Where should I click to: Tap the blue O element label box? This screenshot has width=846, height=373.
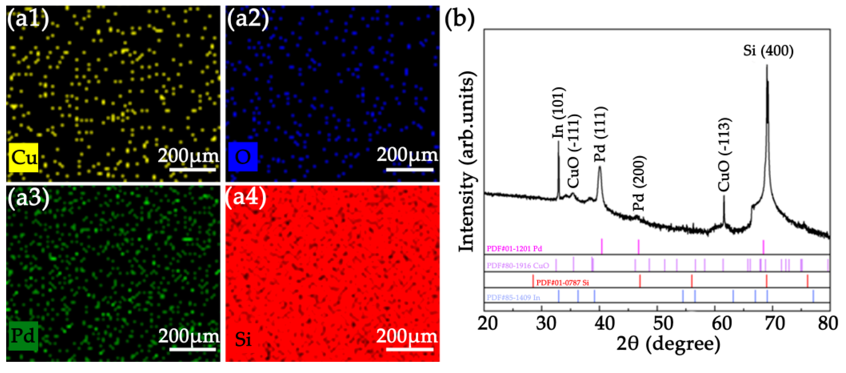click(x=243, y=157)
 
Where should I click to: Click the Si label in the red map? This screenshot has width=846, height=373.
click(x=243, y=339)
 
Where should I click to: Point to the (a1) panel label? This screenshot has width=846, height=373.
click(x=28, y=19)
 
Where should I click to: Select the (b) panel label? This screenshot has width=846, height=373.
click(x=460, y=19)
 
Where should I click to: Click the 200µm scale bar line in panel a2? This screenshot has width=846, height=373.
click(x=410, y=169)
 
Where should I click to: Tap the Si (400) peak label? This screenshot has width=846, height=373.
click(x=768, y=51)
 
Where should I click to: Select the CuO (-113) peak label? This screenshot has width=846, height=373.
click(x=725, y=154)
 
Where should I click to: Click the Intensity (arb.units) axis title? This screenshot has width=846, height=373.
click(x=467, y=162)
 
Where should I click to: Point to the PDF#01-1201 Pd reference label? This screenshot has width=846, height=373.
click(x=514, y=249)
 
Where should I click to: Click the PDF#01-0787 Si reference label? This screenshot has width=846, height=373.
click(x=562, y=282)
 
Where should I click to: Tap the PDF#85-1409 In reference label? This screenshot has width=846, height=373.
click(x=513, y=298)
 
